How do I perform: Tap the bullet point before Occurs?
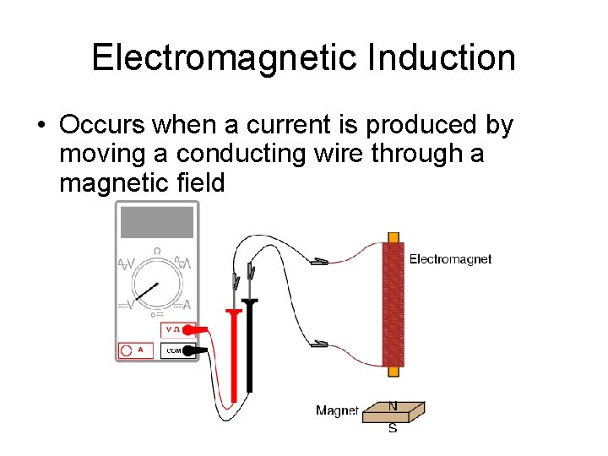coord(40,126)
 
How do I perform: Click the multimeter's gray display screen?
coord(157,221)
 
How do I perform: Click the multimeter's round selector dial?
coord(157,288)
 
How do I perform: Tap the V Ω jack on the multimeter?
coord(173,329)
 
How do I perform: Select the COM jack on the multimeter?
coord(173,350)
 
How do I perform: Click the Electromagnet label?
coord(450,259)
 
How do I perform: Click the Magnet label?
coord(337,410)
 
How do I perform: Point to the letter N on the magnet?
coord(393,406)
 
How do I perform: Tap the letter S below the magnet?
coord(393,428)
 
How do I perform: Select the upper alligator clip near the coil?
coord(319,262)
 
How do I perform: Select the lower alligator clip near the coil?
coord(319,344)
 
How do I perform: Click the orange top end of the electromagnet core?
coord(393,237)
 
